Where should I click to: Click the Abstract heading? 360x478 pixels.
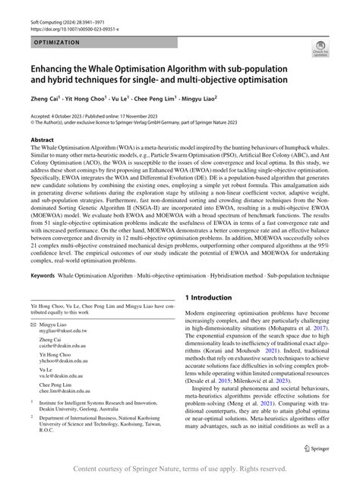click(42, 141)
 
